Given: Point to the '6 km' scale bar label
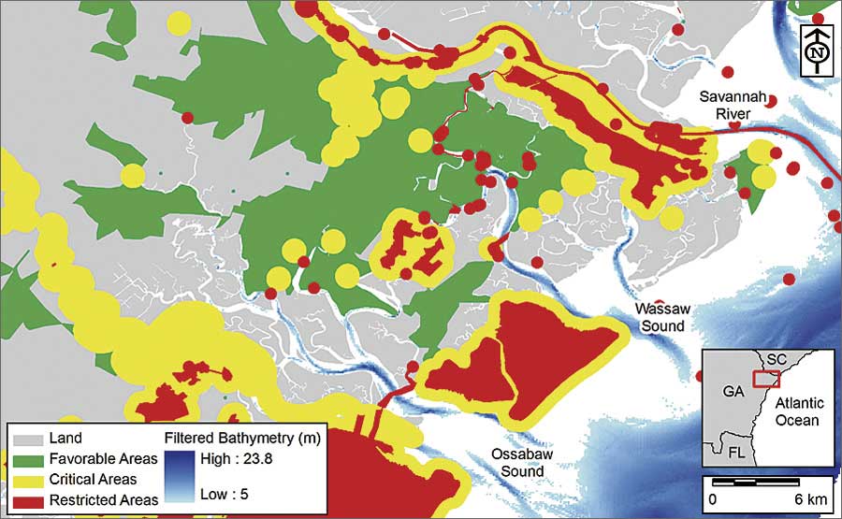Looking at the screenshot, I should (x=806, y=499).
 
